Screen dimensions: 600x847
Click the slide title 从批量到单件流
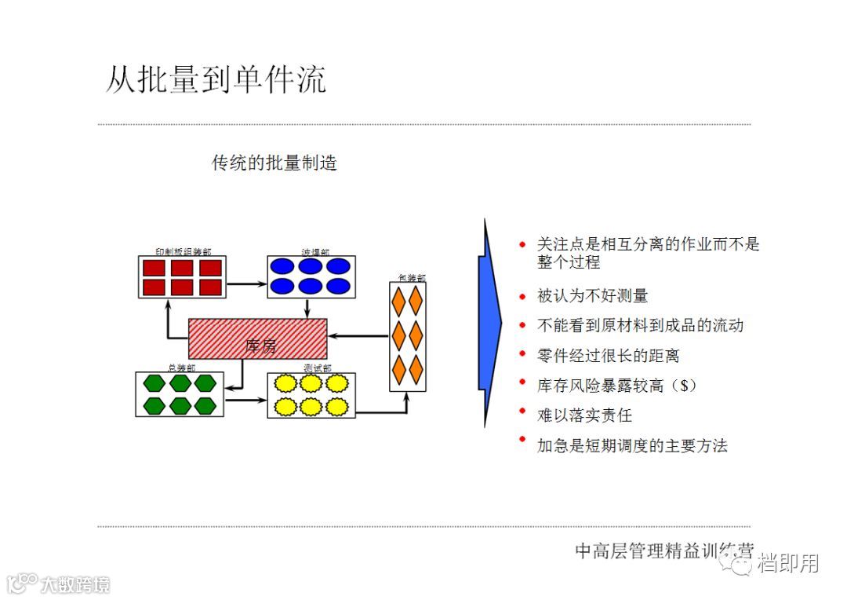coord(216,80)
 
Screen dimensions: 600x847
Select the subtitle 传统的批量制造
coord(274,163)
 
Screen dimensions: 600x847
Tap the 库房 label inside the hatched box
coord(261,346)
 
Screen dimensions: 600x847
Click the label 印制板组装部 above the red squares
coord(182,252)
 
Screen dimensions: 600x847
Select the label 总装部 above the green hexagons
coord(181,368)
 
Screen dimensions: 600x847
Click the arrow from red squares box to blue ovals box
coord(246,284)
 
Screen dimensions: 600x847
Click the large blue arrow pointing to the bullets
coord(491,322)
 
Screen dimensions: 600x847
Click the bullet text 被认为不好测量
coord(592,296)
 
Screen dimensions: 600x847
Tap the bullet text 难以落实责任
coord(584,415)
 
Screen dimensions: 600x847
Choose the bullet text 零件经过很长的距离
coord(608,356)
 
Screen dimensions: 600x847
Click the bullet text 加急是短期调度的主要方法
coord(632,446)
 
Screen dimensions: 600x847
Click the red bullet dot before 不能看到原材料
coord(522,324)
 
